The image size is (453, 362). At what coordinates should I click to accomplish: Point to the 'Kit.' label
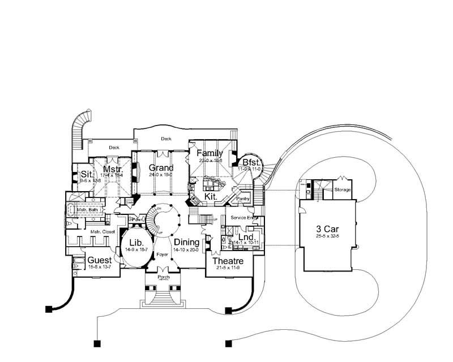tap(211, 195)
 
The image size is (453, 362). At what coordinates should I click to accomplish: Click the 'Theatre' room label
tap(228, 261)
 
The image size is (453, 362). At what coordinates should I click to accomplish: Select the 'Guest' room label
tap(100, 261)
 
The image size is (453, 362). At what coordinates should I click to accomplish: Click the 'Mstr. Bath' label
tap(87, 209)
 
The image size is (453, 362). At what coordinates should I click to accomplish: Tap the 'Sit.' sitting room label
tap(87, 174)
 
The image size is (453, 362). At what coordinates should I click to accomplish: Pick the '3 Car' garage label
tap(328, 230)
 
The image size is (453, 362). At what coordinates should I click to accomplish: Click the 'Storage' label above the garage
tap(343, 189)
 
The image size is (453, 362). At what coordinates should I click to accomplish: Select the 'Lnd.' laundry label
tap(246, 236)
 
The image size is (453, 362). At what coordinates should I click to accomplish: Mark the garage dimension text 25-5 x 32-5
tap(328, 237)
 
